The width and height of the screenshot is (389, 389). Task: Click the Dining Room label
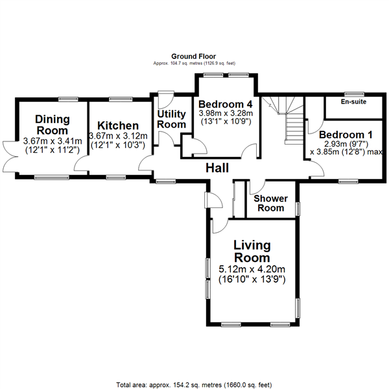point(53,124)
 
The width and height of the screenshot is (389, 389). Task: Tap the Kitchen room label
point(117,126)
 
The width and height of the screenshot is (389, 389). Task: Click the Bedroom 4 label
point(225,104)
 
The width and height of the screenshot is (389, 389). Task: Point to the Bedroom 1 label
point(345,135)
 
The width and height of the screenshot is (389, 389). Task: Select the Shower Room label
point(270,203)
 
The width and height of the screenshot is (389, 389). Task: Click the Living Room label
point(252,252)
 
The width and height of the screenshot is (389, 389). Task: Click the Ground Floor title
point(194,57)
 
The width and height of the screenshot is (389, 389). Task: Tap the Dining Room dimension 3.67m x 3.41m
point(52,141)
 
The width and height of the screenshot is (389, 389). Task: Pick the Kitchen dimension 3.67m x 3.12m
point(117,136)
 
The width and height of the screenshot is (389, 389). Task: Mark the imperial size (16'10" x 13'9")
point(251,279)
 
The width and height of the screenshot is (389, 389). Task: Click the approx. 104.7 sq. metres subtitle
point(194,64)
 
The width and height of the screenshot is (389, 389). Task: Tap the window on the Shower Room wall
point(298,209)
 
